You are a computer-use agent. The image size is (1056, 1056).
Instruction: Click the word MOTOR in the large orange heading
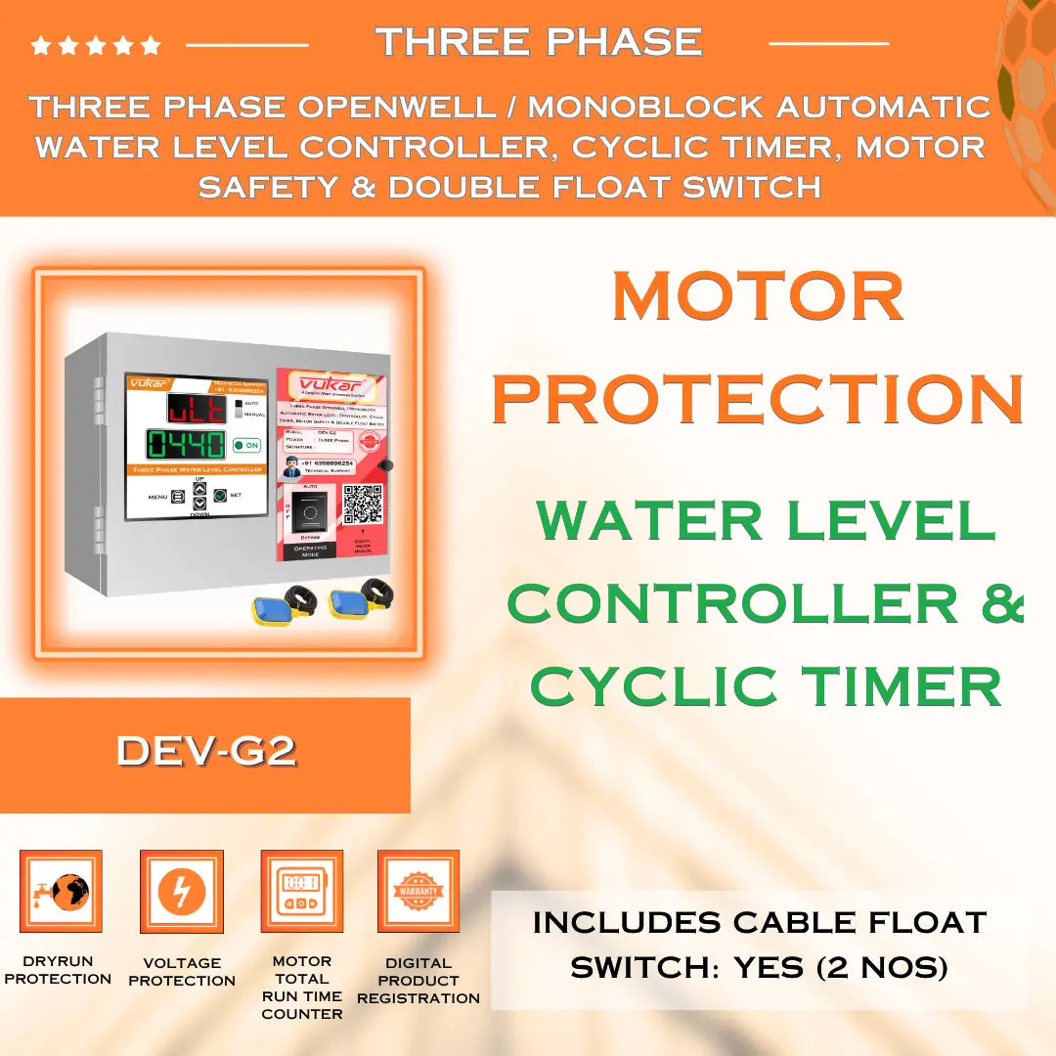point(758,297)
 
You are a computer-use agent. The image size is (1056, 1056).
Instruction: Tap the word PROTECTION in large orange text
point(758,398)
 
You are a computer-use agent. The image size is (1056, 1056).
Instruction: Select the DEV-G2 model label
point(205,751)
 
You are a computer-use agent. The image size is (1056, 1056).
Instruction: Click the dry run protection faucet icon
point(61,891)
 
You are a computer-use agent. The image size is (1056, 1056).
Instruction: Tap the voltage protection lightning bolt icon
point(182,891)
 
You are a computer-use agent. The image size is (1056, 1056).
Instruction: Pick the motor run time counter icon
point(301,891)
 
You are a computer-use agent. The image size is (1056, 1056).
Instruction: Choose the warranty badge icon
point(418,891)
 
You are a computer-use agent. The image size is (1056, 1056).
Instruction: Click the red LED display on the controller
point(197,409)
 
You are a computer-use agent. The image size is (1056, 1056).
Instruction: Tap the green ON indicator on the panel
point(247,445)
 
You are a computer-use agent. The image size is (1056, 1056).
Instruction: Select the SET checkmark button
point(221,495)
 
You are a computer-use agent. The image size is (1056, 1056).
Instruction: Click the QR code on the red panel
point(362,504)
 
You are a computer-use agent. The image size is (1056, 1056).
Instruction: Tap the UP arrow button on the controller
point(199,488)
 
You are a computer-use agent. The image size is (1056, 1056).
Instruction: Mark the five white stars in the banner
point(96,45)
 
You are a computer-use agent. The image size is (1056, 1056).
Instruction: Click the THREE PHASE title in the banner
point(539,42)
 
